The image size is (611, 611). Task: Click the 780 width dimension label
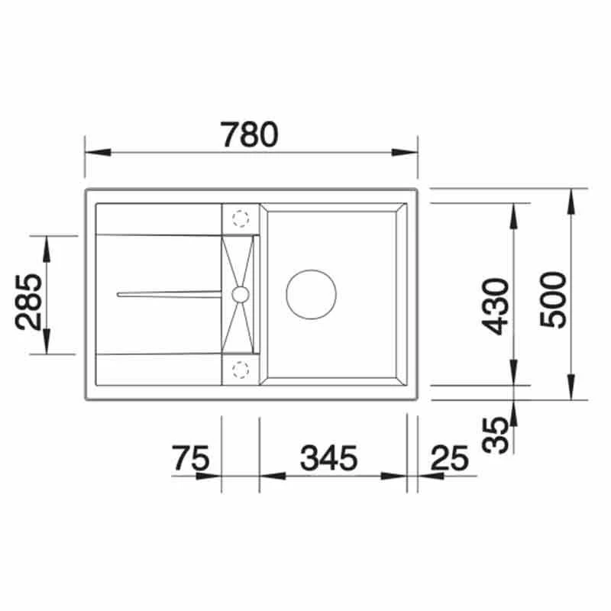click(249, 135)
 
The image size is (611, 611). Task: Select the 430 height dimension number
click(497, 306)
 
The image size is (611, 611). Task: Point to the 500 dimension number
click(552, 299)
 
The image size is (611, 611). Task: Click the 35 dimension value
click(497, 435)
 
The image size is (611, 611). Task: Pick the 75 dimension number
click(192, 458)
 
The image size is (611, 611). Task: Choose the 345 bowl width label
click(328, 458)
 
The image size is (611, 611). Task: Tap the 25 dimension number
click(450, 458)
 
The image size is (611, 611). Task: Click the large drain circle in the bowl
click(311, 294)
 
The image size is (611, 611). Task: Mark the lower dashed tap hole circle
click(240, 370)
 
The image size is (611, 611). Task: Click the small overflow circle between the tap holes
click(240, 294)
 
